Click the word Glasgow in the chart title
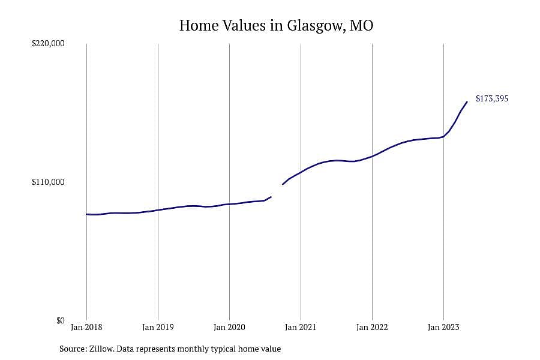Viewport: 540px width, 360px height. click(316, 26)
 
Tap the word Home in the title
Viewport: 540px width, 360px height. click(199, 25)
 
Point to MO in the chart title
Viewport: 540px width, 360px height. click(362, 25)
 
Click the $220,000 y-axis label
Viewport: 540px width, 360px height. click(48, 43)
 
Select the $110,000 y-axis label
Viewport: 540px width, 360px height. click(48, 182)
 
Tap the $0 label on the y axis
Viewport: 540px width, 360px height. click(60, 321)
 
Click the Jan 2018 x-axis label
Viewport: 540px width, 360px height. click(86, 327)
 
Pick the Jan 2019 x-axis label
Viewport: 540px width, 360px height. click(158, 327)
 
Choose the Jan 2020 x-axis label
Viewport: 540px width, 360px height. click(229, 327)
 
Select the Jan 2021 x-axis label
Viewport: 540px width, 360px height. click(301, 327)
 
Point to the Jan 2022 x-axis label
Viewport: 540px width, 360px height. click(372, 327)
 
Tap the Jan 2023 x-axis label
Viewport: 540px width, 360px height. click(443, 327)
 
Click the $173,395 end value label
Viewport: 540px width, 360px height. click(492, 98)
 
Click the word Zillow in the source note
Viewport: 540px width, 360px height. click(101, 349)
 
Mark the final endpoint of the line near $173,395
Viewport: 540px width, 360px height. click(467, 101)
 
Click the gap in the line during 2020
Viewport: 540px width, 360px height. click(277, 191)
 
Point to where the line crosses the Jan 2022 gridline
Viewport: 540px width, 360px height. click(372, 157)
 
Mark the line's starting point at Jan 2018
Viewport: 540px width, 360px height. click(86, 214)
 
